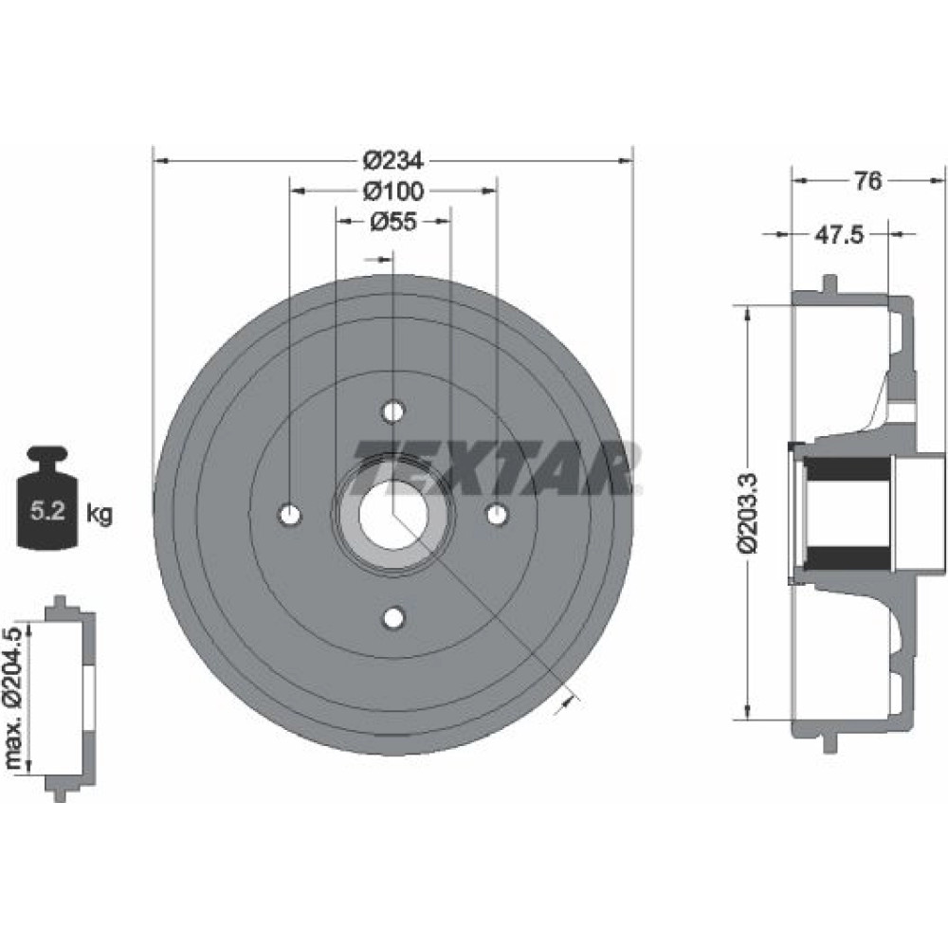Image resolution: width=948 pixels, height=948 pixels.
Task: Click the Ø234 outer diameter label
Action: click(x=393, y=161)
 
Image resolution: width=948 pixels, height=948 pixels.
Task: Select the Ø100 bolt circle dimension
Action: click(x=393, y=191)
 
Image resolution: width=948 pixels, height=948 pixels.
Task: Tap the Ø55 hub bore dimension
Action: click(x=393, y=222)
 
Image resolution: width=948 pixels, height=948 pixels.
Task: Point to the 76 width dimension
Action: click(x=868, y=180)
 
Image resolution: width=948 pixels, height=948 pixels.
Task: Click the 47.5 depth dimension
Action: click(x=839, y=234)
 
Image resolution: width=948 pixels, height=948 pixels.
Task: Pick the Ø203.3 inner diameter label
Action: click(x=747, y=513)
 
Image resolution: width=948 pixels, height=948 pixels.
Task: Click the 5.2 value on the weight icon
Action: click(x=47, y=512)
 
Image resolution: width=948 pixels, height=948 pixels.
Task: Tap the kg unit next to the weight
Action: click(x=100, y=514)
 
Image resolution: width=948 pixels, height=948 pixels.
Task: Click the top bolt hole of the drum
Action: click(x=393, y=411)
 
